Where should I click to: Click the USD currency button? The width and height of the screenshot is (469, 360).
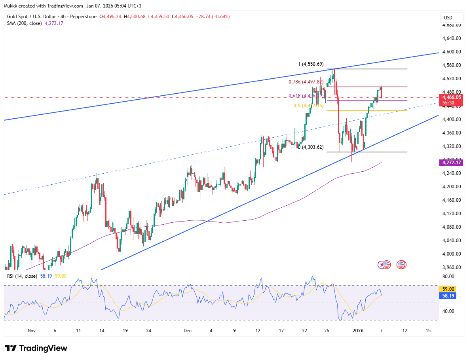pos(448,18)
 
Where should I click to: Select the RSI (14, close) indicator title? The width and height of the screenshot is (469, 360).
pos(23,276)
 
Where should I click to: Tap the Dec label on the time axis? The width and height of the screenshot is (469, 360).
pos(187,330)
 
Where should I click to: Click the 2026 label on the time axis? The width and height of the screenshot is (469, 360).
pos(358,330)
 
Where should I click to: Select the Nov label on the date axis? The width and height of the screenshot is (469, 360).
pos(32,330)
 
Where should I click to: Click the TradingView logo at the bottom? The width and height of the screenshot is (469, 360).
pos(36,348)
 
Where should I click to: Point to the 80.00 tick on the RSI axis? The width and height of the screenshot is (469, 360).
pos(448,277)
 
